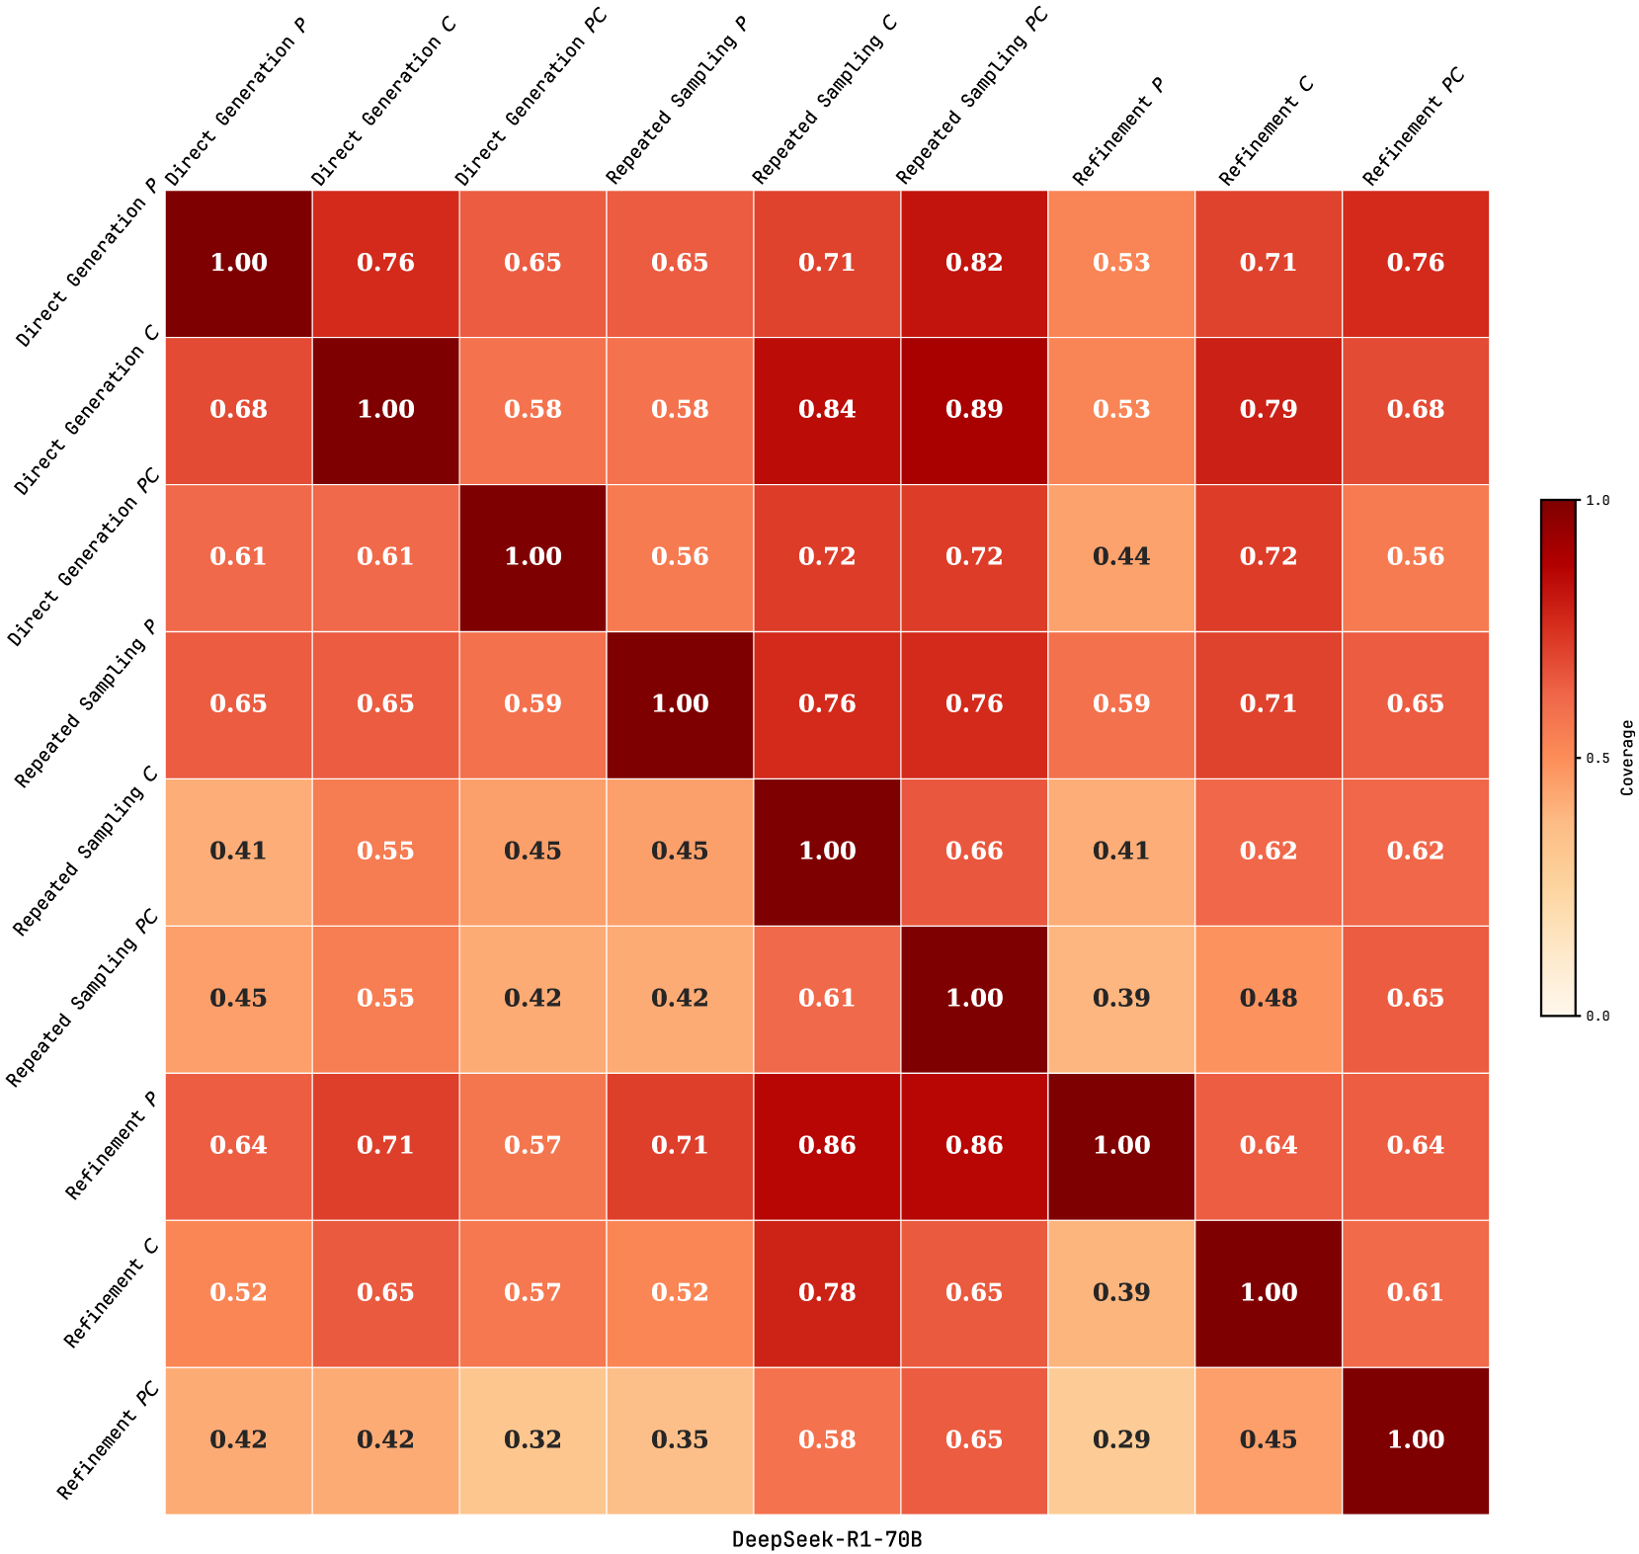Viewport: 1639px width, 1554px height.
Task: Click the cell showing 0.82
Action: (974, 263)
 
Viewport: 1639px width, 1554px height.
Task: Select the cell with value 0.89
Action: (974, 410)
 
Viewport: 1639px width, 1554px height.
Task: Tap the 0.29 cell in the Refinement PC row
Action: (1121, 1439)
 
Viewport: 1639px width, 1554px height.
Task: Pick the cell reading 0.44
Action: (1121, 557)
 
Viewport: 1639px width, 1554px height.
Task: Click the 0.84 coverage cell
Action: (827, 410)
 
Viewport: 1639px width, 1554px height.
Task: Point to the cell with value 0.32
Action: (533, 1439)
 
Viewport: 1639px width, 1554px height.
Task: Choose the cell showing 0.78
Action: (827, 1292)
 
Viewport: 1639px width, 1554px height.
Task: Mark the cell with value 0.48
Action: (1269, 998)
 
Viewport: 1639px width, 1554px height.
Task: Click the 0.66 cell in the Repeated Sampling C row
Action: (974, 851)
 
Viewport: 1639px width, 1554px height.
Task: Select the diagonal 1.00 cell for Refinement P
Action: (1121, 1145)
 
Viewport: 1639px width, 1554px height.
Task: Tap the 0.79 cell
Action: (1269, 410)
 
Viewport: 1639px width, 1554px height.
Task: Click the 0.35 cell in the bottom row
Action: (680, 1439)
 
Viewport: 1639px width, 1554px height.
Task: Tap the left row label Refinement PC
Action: (109, 1441)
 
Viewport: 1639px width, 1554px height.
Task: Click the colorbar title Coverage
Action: (1627, 758)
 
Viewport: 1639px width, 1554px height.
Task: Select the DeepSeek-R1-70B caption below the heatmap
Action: (827, 1538)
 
